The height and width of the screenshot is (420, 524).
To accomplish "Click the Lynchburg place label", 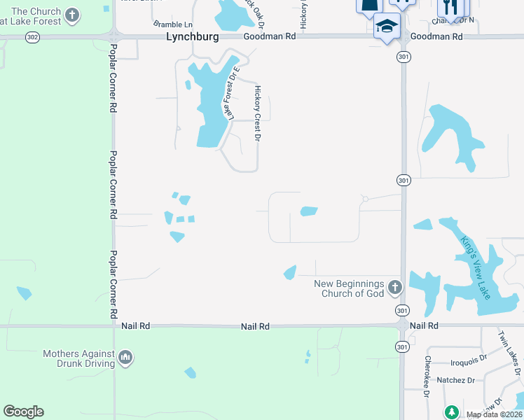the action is pyautogui.click(x=193, y=36).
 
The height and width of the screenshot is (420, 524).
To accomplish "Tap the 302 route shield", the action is pyautogui.click(x=32, y=36).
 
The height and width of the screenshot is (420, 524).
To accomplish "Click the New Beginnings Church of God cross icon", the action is pyautogui.click(x=395, y=287).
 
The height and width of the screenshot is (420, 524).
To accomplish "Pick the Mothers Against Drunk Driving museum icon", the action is pyautogui.click(x=126, y=358).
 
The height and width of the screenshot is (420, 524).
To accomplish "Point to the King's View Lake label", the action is pyautogui.click(x=475, y=266).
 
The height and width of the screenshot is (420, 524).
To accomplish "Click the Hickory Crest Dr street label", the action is pyautogui.click(x=257, y=114).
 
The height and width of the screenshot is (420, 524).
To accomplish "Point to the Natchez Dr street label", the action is pyautogui.click(x=456, y=380).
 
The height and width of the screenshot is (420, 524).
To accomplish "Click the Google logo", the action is pyautogui.click(x=23, y=412).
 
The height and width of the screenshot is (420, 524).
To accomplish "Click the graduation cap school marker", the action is pyautogui.click(x=387, y=27).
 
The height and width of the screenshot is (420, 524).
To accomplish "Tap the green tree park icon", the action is pyautogui.click(x=451, y=412).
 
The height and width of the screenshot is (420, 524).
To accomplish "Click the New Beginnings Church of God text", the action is pyautogui.click(x=349, y=288).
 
